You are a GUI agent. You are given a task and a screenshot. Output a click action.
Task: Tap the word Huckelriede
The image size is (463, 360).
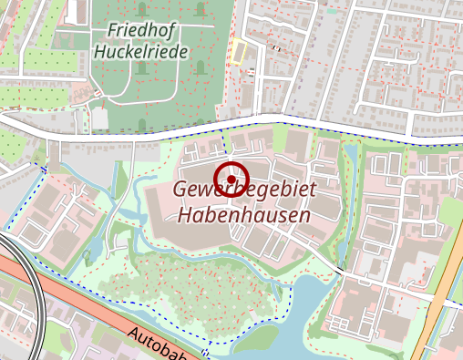click(x=141, y=52)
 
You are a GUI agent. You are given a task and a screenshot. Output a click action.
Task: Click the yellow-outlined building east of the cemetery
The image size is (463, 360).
click(x=238, y=52)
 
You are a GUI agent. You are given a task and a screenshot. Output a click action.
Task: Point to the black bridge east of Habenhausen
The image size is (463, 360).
click(x=339, y=271)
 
